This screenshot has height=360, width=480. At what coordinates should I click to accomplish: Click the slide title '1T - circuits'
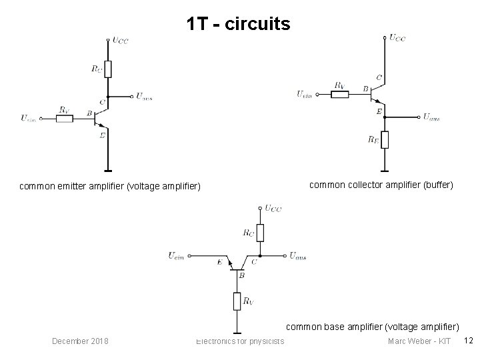click(x=239, y=25)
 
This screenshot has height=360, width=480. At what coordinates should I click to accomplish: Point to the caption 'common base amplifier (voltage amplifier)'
click(x=373, y=327)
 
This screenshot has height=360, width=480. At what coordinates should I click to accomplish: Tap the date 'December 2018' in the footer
click(x=81, y=341)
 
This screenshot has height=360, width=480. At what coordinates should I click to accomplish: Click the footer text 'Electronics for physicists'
click(x=240, y=341)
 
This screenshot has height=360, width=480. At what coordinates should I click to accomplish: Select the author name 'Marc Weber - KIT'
click(x=419, y=341)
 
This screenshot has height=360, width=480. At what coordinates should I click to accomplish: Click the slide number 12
click(x=468, y=341)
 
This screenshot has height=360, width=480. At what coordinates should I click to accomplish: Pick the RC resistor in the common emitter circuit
click(x=107, y=69)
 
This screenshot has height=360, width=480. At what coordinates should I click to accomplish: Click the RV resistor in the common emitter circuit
click(x=65, y=119)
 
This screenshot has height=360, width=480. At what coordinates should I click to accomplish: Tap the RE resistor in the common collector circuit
click(x=385, y=140)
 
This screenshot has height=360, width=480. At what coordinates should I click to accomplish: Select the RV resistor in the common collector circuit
click(x=339, y=94)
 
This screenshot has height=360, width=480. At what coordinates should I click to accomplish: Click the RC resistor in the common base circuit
click(x=261, y=233)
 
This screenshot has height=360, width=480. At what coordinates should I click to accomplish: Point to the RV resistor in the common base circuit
click(x=237, y=301)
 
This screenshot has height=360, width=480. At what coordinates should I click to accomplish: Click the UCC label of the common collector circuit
click(x=397, y=38)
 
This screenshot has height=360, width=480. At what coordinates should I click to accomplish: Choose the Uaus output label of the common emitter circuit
click(x=143, y=97)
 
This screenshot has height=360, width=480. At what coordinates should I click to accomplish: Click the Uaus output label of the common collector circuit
click(x=431, y=117)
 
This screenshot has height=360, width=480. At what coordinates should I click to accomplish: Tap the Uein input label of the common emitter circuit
click(x=28, y=119)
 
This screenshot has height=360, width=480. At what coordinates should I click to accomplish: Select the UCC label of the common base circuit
click(x=273, y=209)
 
